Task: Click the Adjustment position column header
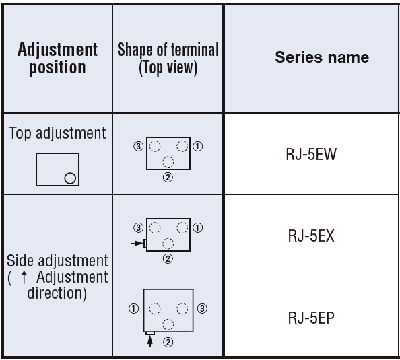pos(57,59)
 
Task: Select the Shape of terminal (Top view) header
pos(168,59)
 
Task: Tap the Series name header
pos(322,57)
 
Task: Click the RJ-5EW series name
pos(311,154)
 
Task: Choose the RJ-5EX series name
pos(311,236)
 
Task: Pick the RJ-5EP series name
pos(311,318)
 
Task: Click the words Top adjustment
pos(57,133)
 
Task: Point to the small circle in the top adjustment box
pos(70,178)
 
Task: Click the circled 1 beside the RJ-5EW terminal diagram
pos(198,146)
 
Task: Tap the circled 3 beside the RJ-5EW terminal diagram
pos(139,146)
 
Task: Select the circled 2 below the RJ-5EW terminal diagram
pos(168,177)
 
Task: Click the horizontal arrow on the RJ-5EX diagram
pos(137,244)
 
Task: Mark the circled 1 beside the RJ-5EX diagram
pos(198,227)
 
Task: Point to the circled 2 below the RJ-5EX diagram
pos(168,259)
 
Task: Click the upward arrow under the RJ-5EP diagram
pos(150,341)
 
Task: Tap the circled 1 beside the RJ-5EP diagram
pos(134,308)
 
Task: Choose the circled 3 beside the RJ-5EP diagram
pos(202,308)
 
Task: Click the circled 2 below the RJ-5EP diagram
pos(168,342)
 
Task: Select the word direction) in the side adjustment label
pos(57,293)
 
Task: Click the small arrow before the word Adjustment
pos(24,277)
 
